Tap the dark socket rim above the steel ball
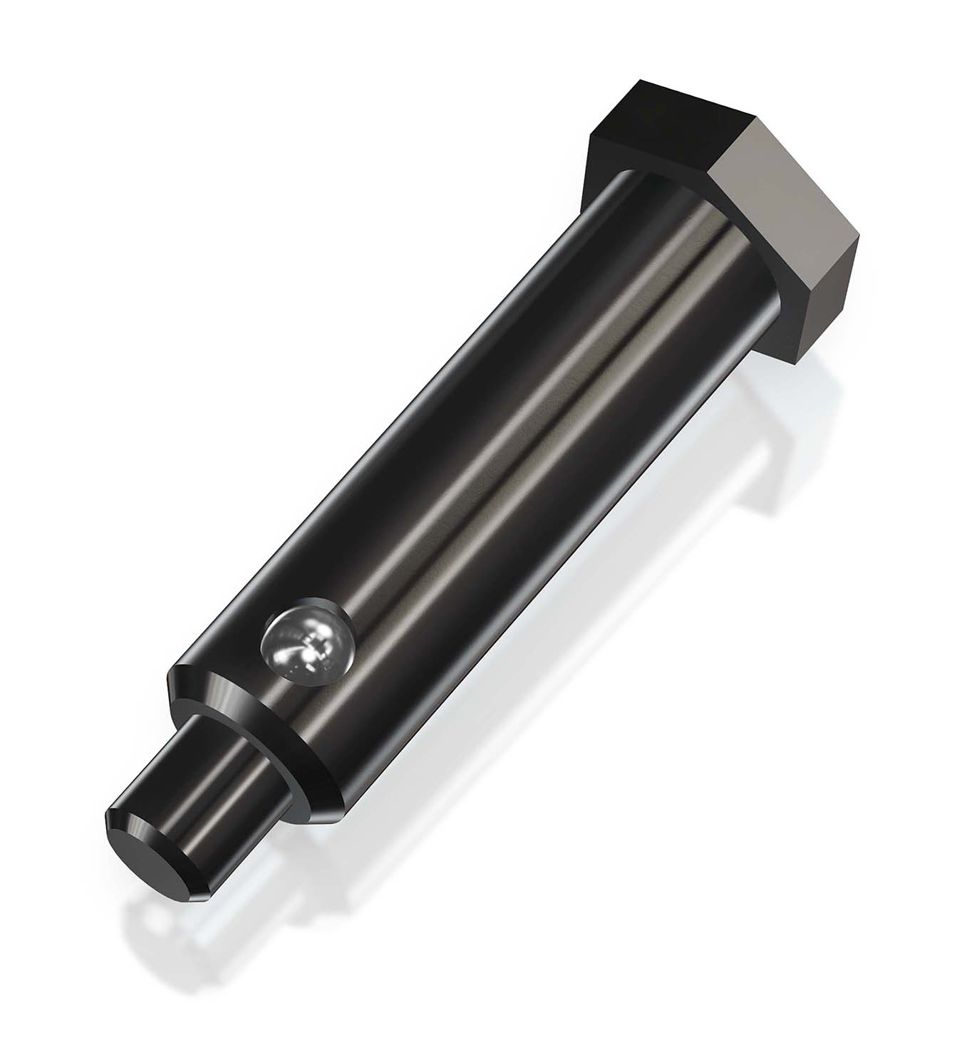(x=314, y=611)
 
